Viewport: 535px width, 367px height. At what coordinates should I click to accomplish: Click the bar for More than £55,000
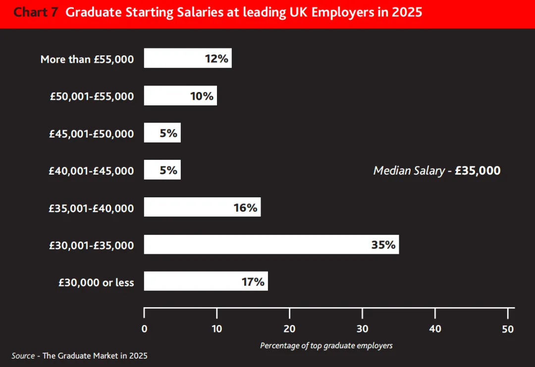pos(188,58)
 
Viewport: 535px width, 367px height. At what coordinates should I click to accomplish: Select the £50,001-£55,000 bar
pos(180,95)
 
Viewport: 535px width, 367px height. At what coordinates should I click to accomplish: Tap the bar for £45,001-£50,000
pos(162,133)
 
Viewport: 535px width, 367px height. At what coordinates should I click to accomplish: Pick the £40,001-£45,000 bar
pos(162,170)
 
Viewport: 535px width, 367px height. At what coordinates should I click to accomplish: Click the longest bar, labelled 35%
pos(271,244)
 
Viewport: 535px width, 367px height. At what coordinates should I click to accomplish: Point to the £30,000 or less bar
pos(206,281)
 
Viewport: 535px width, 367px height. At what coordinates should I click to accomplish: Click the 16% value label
pos(245,208)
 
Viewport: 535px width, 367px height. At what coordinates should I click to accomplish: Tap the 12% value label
pos(216,58)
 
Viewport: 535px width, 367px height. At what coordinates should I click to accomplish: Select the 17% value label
pos(253,282)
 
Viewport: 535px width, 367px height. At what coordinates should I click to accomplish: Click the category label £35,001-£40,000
pos(92,208)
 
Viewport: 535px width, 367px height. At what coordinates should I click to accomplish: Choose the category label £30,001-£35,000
pos(92,245)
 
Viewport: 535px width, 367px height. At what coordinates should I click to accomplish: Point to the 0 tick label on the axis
pos(144,329)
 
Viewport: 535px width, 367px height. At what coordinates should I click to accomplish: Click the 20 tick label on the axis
pos(289,329)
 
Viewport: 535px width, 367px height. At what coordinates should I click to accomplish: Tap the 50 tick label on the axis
pos(508,329)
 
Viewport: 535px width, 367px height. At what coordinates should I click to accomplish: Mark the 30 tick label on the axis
pos(362,329)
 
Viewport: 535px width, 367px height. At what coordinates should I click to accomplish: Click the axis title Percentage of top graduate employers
pos(326,346)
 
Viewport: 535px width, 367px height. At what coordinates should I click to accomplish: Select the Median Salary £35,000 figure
pos(437,170)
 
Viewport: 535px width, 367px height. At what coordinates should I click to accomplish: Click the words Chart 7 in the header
pos(36,12)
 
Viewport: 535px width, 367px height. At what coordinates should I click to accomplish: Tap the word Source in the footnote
pos(23,356)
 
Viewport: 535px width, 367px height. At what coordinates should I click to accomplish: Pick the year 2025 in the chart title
pos(407,12)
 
